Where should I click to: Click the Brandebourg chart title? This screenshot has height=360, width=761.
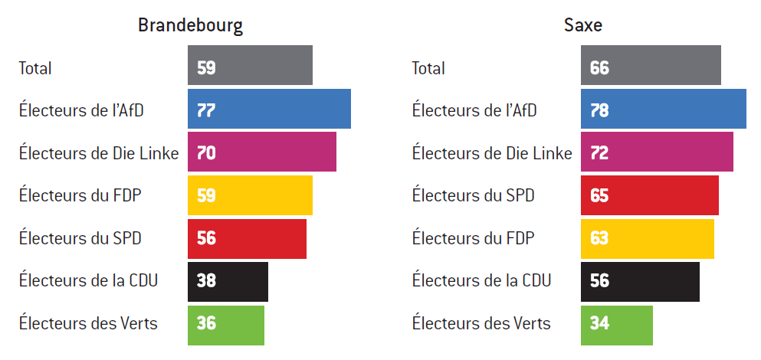tap(190, 25)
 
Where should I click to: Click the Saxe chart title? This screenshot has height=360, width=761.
tap(582, 25)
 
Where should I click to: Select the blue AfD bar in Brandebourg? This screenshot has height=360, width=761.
tap(269, 109)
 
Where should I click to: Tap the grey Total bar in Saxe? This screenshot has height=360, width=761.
tap(651, 65)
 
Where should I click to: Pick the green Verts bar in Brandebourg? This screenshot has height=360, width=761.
tap(226, 326)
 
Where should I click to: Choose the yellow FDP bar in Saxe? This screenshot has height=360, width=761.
tap(648, 239)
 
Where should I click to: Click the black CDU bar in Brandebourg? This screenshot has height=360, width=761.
tap(228, 282)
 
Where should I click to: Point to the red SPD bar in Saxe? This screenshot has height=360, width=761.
tap(650, 195)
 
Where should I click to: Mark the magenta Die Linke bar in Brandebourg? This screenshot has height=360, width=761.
tap(262, 152)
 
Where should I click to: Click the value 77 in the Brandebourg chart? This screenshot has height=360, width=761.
tap(206, 110)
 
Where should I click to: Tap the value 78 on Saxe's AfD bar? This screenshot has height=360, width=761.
tap(599, 110)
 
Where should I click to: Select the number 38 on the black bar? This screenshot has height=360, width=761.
tap(206, 281)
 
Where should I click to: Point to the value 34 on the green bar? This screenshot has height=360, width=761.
tap(599, 324)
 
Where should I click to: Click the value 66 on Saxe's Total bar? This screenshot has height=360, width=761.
tap(599, 67)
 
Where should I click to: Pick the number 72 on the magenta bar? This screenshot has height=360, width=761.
tap(599, 153)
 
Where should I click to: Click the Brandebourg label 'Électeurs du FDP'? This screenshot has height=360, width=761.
tap(80, 195)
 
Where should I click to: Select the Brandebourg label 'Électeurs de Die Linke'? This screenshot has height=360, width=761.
tap(99, 153)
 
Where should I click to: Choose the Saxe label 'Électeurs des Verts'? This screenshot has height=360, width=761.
tap(481, 323)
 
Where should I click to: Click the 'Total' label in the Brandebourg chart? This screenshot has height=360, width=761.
tap(35, 68)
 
